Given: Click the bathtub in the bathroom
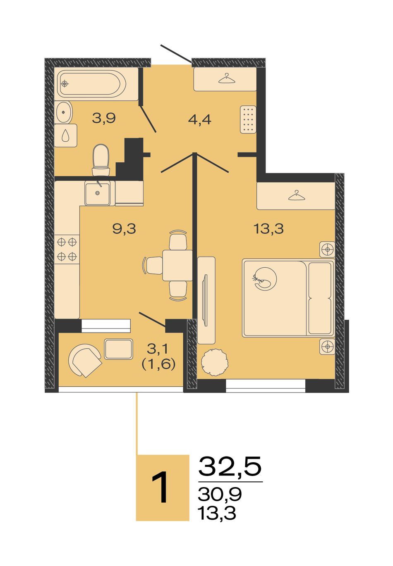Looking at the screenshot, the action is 91,83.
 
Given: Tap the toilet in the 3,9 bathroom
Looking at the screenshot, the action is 101,160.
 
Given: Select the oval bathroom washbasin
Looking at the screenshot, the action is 64,112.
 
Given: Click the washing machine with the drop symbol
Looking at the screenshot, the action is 66,136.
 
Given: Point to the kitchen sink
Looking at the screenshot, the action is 98,193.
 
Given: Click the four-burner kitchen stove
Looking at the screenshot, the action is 67,249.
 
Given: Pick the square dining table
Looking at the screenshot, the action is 177,265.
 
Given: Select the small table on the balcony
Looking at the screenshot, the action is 118,349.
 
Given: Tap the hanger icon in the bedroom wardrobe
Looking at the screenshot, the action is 297,195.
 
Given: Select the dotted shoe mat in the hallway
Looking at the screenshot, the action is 248,119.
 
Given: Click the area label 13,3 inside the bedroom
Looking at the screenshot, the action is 268,229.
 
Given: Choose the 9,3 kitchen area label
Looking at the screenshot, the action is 124,229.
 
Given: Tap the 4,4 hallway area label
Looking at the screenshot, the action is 200,119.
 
